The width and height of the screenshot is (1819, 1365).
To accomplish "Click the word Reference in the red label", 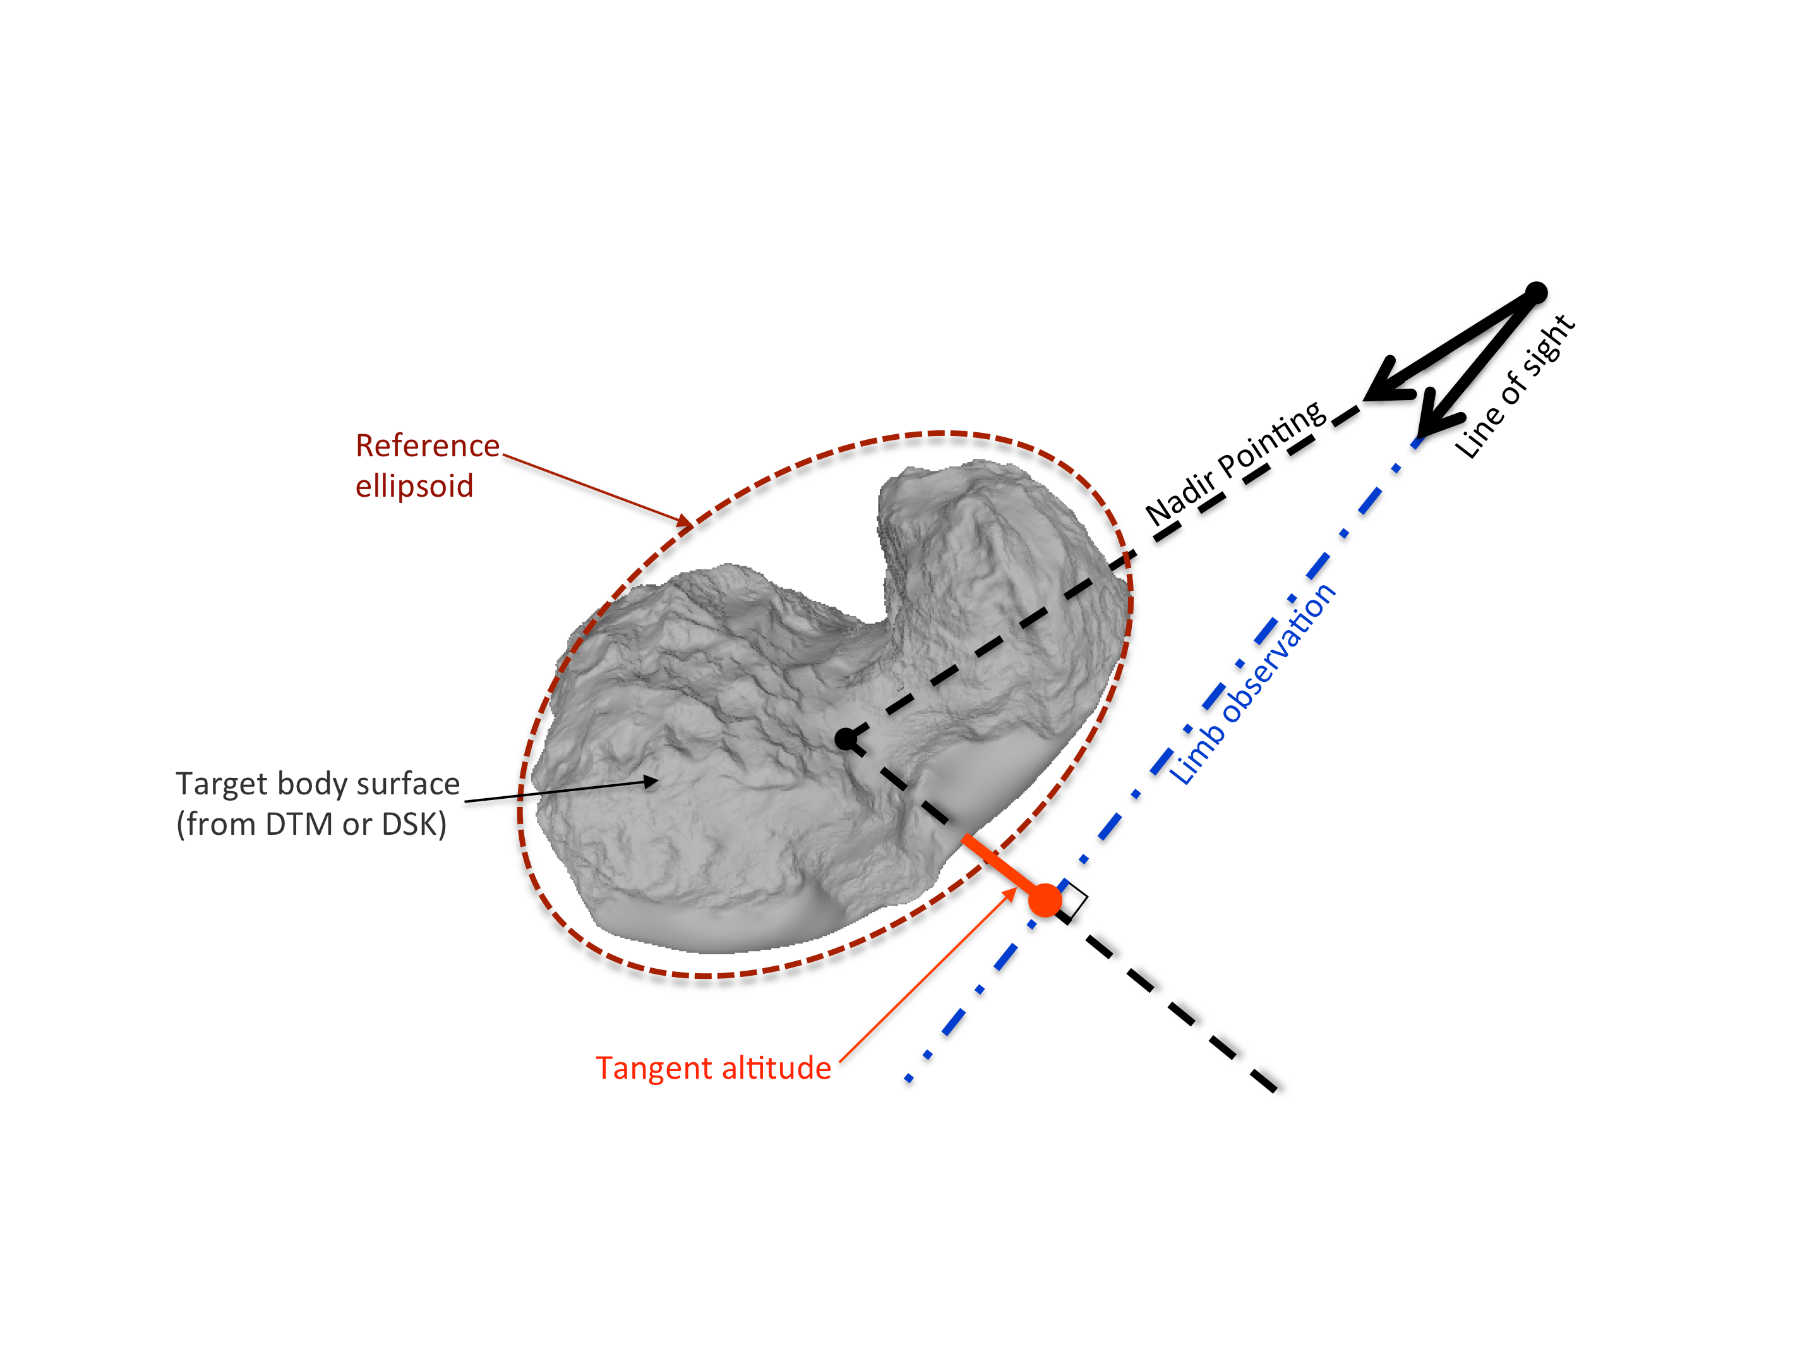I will click(427, 446).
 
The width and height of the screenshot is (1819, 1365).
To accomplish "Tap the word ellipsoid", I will click(414, 486).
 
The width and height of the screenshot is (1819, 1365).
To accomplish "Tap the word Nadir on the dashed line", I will click(1177, 499).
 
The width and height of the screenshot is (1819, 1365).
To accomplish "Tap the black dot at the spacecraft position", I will click(1536, 292).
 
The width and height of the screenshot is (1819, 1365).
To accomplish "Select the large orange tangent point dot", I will click(1045, 900).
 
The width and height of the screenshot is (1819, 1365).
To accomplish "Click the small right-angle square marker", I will click(1072, 899).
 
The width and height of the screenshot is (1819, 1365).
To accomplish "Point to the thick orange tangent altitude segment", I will click(999, 864).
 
